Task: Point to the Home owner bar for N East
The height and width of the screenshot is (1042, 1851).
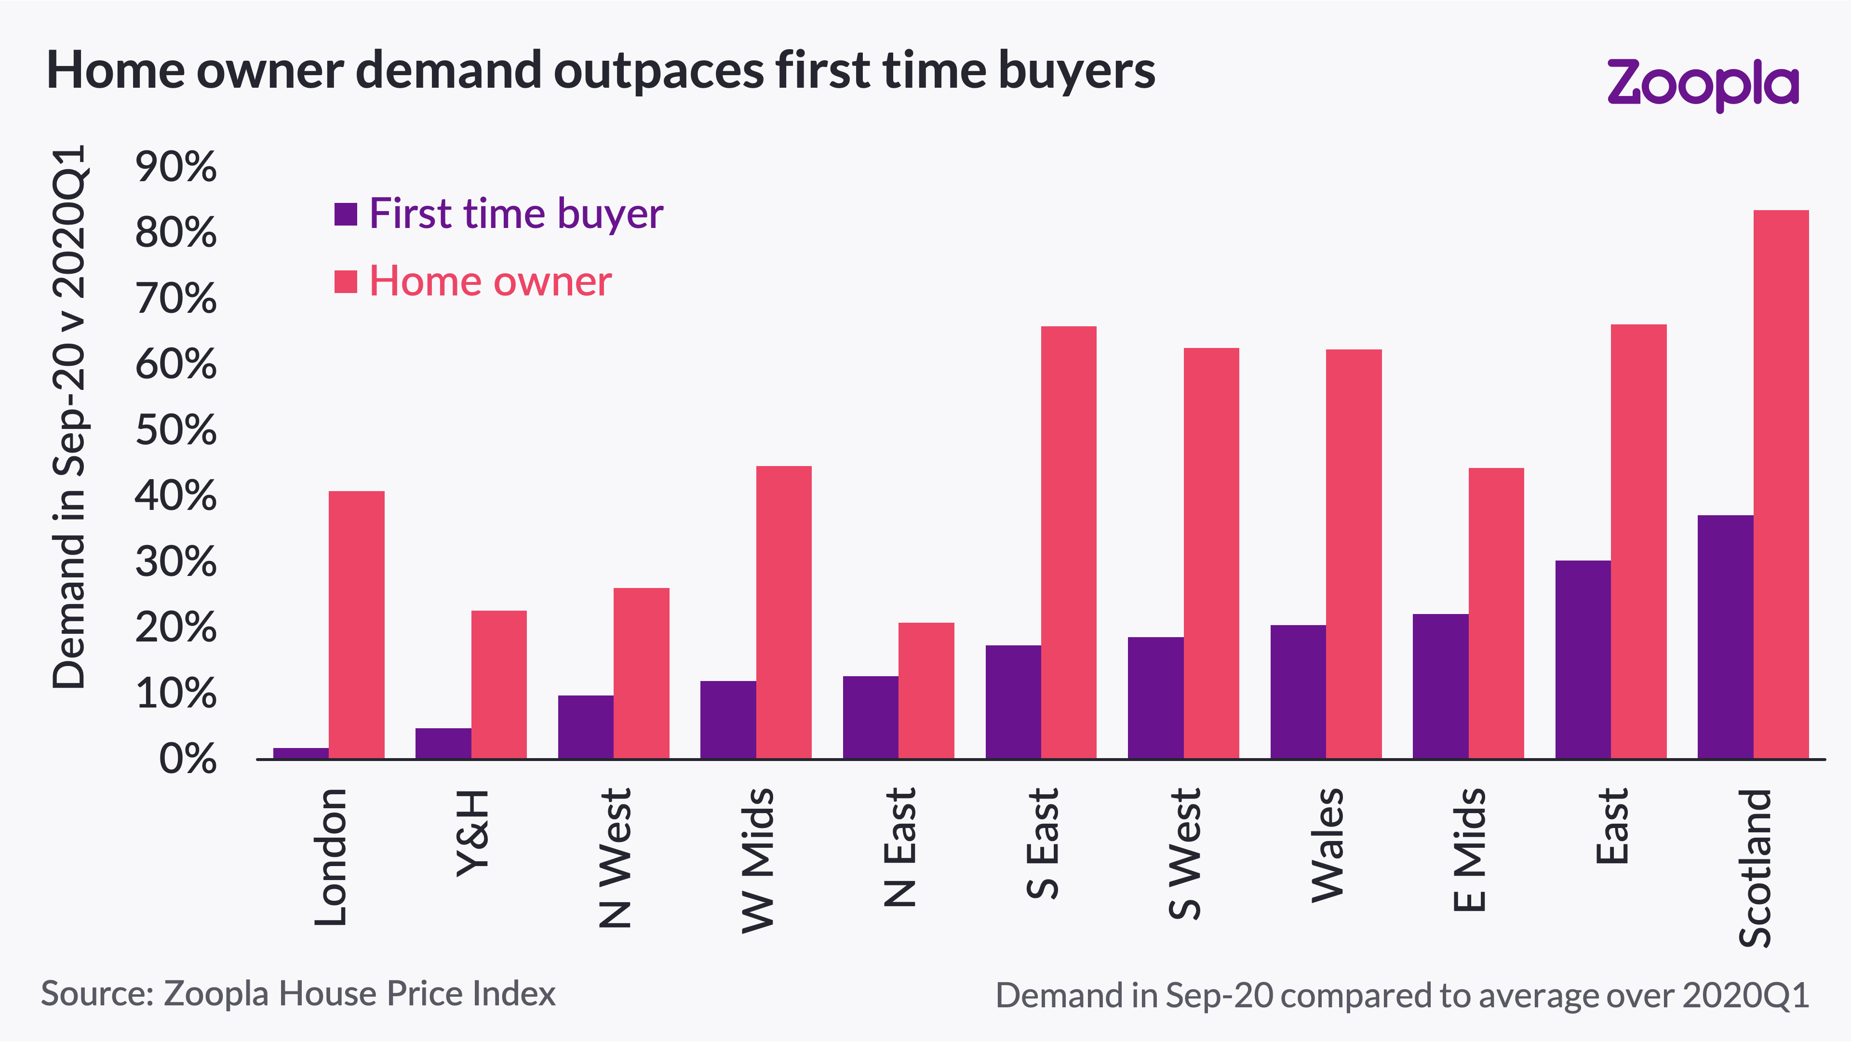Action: pyautogui.click(x=926, y=690)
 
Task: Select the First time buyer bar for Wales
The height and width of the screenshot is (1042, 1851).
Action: pyautogui.click(x=1298, y=691)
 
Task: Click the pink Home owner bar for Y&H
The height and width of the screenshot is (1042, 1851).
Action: pyautogui.click(x=499, y=684)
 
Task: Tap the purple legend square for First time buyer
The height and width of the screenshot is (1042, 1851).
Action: pyautogui.click(x=346, y=214)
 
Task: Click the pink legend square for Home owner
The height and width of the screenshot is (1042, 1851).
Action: pyautogui.click(x=346, y=281)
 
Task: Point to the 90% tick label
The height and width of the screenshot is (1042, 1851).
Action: pyautogui.click(x=175, y=167)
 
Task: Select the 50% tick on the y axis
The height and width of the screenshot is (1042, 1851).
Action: pyautogui.click(x=175, y=430)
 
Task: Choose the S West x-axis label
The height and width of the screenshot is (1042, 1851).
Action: pyautogui.click(x=1184, y=853)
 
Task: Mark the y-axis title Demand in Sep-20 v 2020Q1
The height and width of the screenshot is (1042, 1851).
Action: pyautogui.click(x=70, y=417)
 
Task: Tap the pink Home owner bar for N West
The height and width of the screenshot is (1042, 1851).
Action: pyautogui.click(x=641, y=673)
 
